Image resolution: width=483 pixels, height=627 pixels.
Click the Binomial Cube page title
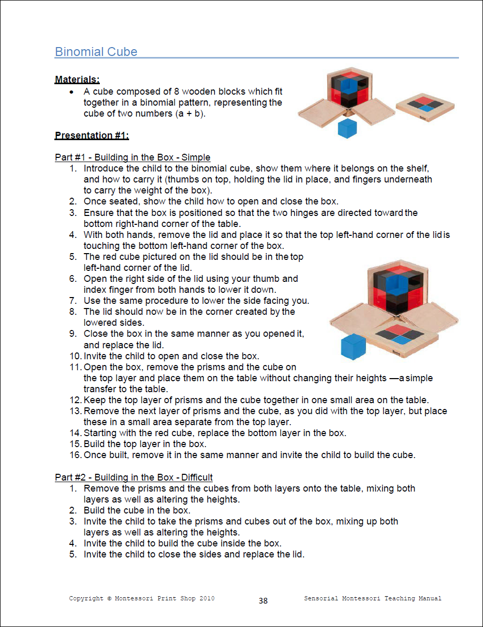click(x=96, y=52)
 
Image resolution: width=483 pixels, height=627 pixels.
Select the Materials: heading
click(x=77, y=80)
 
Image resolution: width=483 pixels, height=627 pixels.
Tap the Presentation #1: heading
click(x=91, y=135)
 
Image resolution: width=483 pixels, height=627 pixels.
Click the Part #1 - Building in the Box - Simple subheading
click(x=132, y=157)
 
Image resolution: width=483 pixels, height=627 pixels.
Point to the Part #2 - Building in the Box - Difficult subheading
click(x=133, y=477)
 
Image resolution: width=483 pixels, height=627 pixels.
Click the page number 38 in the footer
click(x=263, y=601)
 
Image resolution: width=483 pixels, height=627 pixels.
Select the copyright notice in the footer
click(x=141, y=598)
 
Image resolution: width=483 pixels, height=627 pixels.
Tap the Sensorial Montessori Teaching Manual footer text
click(x=372, y=598)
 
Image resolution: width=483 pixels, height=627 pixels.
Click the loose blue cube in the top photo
click(x=347, y=128)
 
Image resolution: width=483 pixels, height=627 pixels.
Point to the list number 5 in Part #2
click(x=73, y=554)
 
